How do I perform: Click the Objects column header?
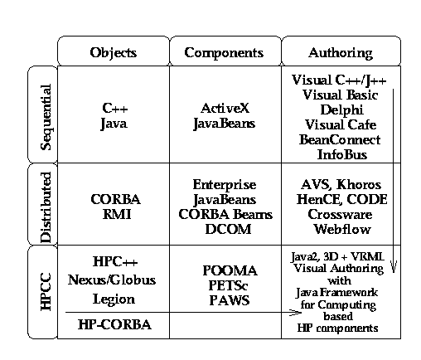coord(114,52)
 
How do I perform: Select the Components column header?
coord(224,52)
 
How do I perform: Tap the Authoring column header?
coord(341,52)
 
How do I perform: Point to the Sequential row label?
coord(46,117)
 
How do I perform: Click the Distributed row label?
coord(46,207)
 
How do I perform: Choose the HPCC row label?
coord(46,292)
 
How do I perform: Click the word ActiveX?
coord(225,108)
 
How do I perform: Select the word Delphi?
coord(341,109)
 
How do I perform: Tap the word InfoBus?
coord(342,154)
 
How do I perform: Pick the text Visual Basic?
coord(340,95)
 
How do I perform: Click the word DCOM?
coord(228,229)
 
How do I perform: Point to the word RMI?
coord(117,214)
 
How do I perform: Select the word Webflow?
coord(342,229)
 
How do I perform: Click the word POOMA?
coord(230,270)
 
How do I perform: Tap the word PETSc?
coord(228,285)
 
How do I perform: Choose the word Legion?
coord(114,299)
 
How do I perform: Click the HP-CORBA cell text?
coord(114,324)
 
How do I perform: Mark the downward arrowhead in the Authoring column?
coord(394,266)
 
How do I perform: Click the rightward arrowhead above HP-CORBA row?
coord(295,313)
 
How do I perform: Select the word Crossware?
coord(340,214)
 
